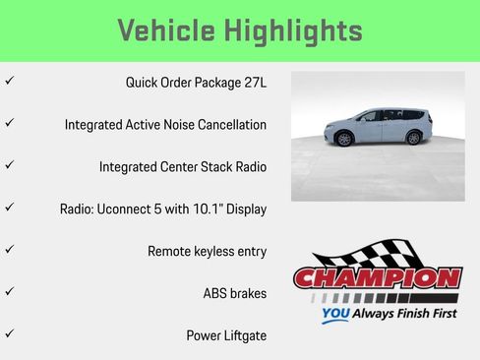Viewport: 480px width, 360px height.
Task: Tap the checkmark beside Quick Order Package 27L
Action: (x=10, y=82)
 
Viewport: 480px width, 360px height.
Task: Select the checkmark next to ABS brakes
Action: (x=10, y=292)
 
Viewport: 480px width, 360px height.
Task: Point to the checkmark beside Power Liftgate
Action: (x=10, y=334)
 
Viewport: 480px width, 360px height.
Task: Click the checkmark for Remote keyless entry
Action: (x=10, y=250)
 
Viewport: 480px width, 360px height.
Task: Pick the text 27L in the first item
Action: (x=253, y=83)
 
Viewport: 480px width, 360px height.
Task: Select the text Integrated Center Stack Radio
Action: (x=183, y=167)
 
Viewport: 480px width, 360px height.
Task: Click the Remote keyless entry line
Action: (x=207, y=251)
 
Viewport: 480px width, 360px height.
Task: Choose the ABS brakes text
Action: (x=234, y=293)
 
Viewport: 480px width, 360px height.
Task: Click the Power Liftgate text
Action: (x=226, y=335)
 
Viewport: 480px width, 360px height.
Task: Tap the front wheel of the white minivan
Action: (x=343, y=139)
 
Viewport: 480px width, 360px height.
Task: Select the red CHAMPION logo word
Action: (x=378, y=279)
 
